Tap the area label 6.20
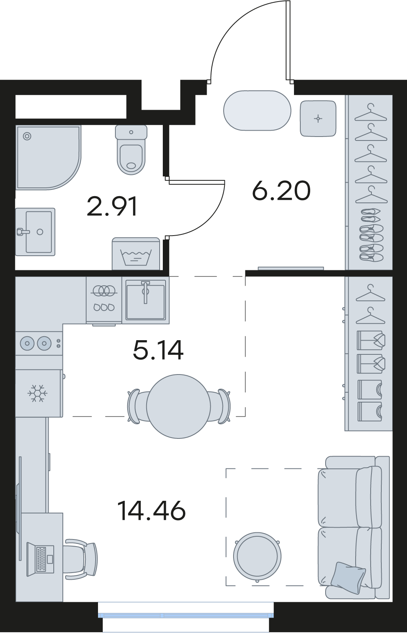(281, 191)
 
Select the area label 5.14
(158, 350)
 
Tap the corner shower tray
(48, 157)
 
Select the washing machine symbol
(136, 254)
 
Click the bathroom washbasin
(35, 232)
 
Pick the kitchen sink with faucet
(145, 300)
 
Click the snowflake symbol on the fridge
(38, 393)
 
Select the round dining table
(178, 406)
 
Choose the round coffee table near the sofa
(257, 556)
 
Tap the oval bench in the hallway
(257, 110)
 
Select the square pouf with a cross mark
(318, 118)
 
